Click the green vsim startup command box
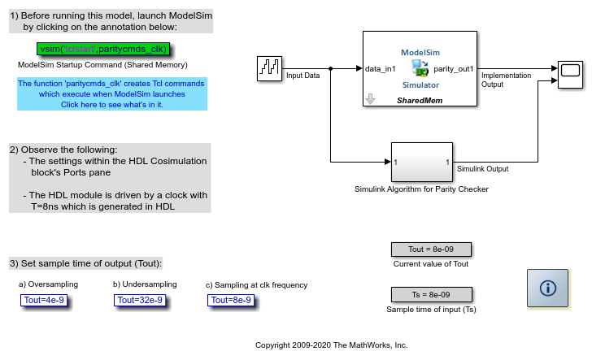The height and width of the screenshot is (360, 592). click(x=102, y=49)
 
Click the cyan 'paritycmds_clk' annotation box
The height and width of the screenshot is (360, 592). click(x=112, y=94)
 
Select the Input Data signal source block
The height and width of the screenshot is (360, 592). click(x=269, y=69)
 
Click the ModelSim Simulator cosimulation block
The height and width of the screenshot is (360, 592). click(x=420, y=68)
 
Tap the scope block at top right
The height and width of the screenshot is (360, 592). click(x=569, y=69)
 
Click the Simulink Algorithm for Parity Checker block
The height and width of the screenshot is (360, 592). click(x=421, y=163)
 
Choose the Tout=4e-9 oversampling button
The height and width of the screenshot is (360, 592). click(x=44, y=300)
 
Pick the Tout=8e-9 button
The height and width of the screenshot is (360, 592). click(x=231, y=300)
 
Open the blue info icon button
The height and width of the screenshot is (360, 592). click(x=547, y=288)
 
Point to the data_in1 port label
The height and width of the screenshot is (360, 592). click(x=381, y=69)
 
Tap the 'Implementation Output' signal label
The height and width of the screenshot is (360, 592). click(x=506, y=80)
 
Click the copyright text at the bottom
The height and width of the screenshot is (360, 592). click(x=331, y=345)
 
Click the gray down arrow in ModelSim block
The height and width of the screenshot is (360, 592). click(x=370, y=98)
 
